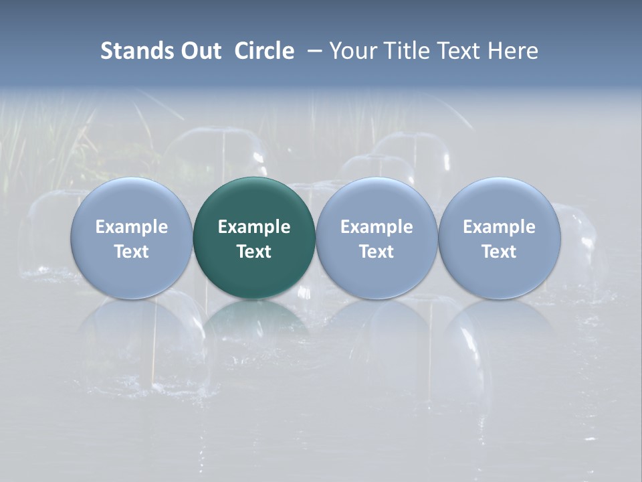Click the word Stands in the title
coord(136,51)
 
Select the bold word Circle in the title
coord(264,51)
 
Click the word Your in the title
coord(352,51)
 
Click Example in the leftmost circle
coord(131,227)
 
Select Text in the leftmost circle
coord(131,252)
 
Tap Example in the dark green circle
coord(254,227)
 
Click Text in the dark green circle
coord(254,252)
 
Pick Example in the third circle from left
coord(377,227)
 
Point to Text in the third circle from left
coord(377,252)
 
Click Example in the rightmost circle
coord(499,227)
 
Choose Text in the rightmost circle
coord(499,252)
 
